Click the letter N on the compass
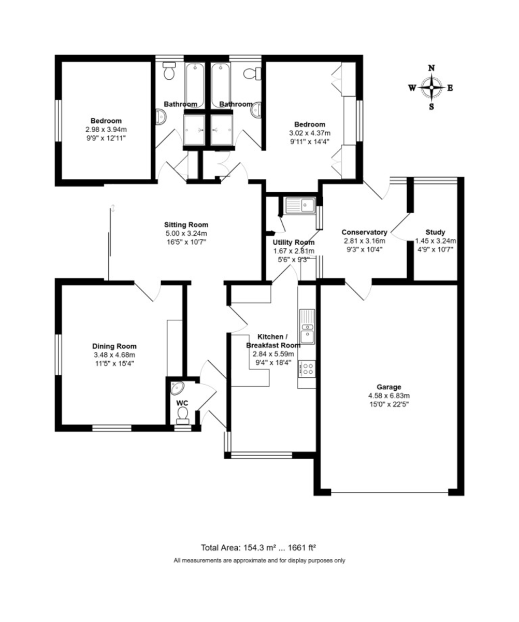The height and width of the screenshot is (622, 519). coord(431,68)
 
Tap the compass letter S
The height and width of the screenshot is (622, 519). coord(431,106)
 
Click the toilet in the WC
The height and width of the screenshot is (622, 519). coord(182,416)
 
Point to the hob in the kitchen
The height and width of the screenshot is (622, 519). coord(307,369)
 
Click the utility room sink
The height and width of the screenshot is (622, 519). coord(300,205)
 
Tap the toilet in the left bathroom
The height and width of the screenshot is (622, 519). coord(169,70)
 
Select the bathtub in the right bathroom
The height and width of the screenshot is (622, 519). coord(221,85)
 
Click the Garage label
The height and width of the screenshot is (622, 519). coord(389,387)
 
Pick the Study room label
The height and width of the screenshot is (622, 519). coord(435,232)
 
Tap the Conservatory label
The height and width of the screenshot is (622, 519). coord(364,232)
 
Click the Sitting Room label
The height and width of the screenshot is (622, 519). coord(186,224)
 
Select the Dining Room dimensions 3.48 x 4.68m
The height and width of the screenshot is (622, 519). coord(114,355)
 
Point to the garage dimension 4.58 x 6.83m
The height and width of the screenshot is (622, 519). coord(389,395)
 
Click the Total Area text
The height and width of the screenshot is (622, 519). coord(258,547)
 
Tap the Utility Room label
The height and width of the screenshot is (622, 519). coord(293,243)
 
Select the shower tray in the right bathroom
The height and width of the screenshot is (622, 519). coord(222,130)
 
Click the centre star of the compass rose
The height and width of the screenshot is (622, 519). coord(431,88)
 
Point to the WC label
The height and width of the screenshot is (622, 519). coord(182,403)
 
